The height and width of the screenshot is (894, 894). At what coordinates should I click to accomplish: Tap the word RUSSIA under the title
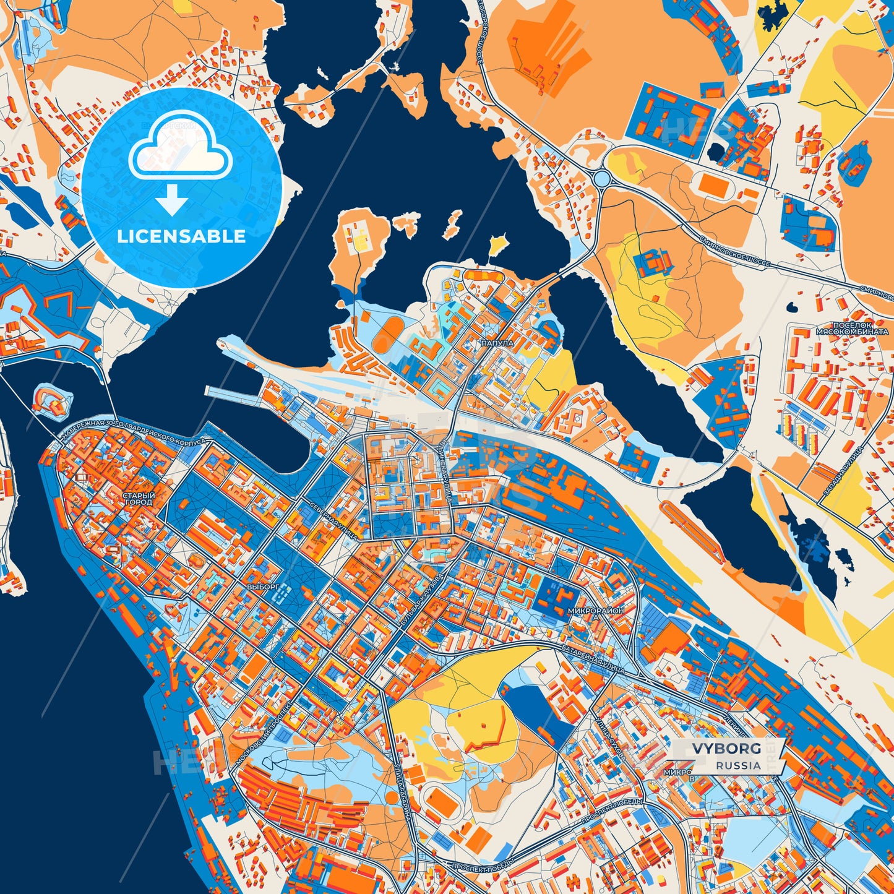739,765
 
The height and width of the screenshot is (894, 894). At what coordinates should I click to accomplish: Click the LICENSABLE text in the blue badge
182,236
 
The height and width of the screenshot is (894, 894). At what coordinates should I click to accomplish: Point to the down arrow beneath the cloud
172,200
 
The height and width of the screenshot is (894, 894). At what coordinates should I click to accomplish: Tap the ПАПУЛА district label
496,342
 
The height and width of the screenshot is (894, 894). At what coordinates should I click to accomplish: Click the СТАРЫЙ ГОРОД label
139,499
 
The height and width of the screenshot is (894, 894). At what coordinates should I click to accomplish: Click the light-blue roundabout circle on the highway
602,178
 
